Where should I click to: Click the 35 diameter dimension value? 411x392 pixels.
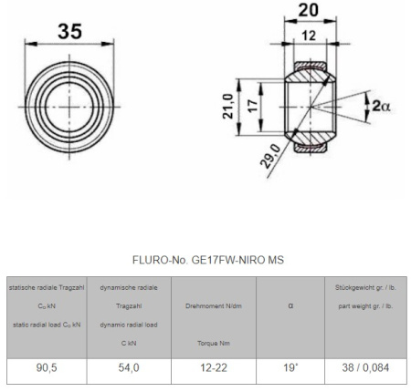pyautogui.click(x=69, y=31)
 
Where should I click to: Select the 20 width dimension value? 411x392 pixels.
pyautogui.click(x=309, y=10)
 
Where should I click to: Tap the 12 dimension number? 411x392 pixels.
pyautogui.click(x=309, y=36)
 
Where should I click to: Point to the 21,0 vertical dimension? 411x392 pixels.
pyautogui.click(x=228, y=106)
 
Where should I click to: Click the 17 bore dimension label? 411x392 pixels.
pyautogui.click(x=253, y=106)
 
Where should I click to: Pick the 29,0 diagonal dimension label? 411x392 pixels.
pyautogui.click(x=270, y=156)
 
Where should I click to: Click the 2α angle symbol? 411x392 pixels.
pyautogui.click(x=381, y=106)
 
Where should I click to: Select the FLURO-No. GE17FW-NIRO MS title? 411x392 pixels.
pyautogui.click(x=208, y=260)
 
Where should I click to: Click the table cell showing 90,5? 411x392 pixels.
pyautogui.click(x=47, y=367)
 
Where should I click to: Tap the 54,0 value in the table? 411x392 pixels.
pyautogui.click(x=129, y=367)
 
